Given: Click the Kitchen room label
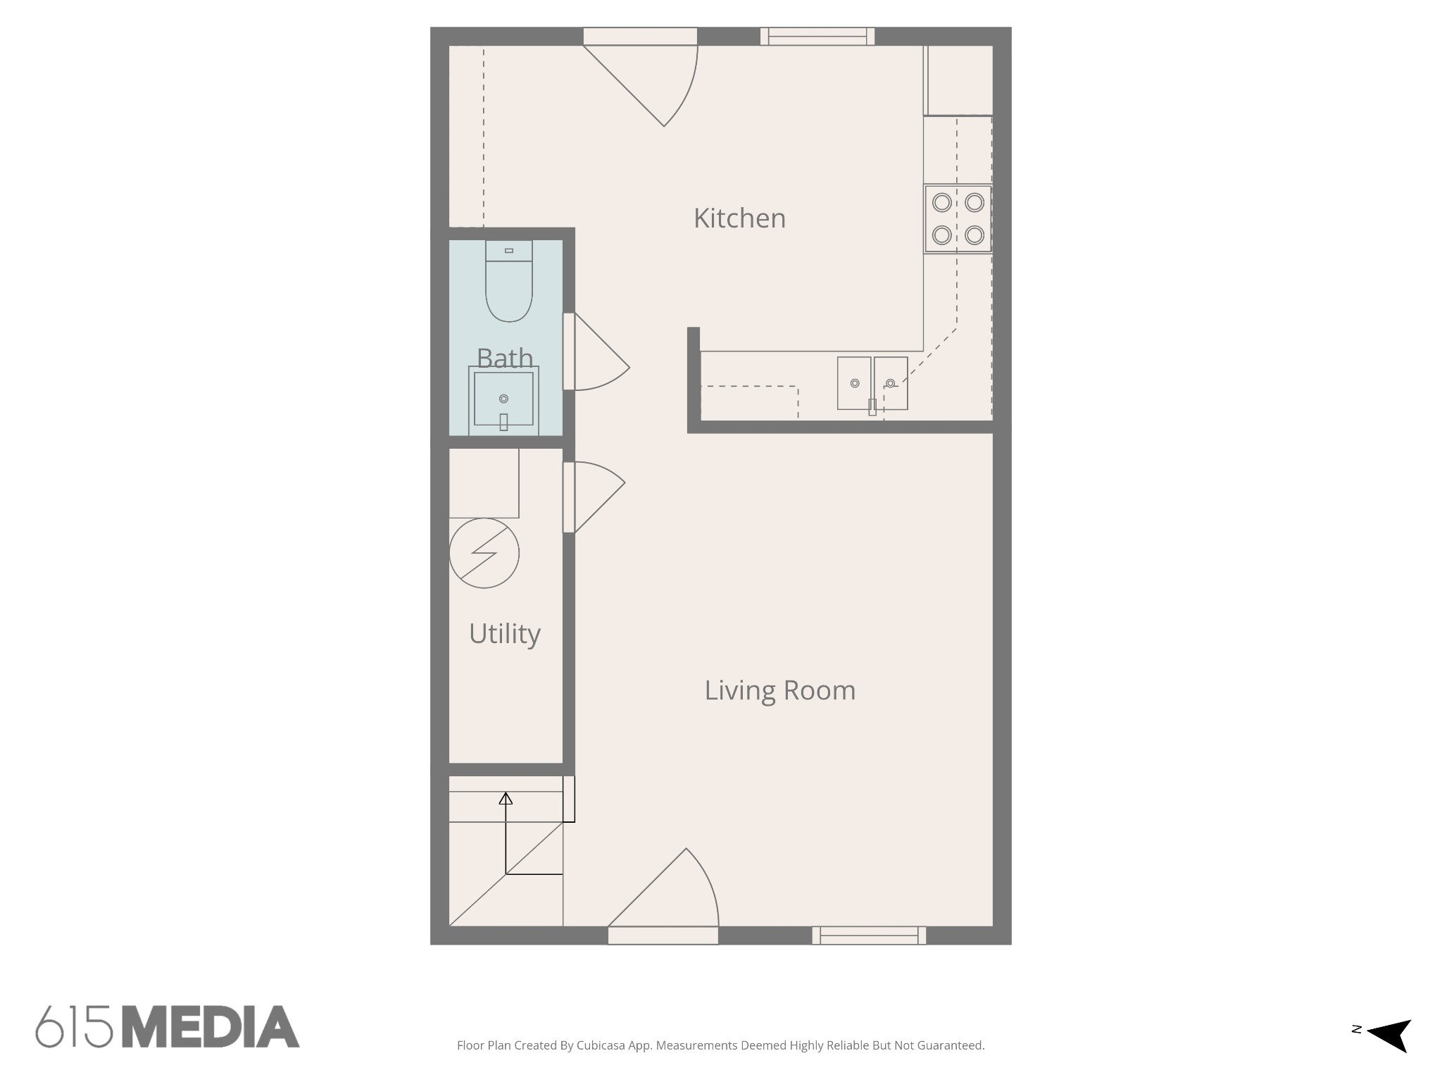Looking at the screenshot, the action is click(739, 218).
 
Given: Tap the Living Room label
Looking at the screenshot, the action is click(780, 690).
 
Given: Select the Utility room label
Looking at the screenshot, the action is click(505, 634).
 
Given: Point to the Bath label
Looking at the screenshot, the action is click(505, 358).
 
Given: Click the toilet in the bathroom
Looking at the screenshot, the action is click(509, 281).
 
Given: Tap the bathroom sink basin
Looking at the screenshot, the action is click(503, 399).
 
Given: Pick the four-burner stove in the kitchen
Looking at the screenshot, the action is click(958, 219).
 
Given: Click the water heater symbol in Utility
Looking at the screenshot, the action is click(484, 553).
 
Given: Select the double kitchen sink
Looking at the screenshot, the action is click(872, 384).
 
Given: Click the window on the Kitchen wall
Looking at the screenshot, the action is click(817, 36).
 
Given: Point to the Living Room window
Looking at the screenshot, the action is click(869, 935).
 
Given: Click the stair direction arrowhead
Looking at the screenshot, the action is click(506, 798).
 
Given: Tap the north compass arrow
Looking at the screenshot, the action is click(1390, 1036).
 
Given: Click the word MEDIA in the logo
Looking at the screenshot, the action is click(211, 1026).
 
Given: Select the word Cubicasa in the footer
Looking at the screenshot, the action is click(601, 1046).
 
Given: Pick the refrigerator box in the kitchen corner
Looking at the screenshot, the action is click(958, 80).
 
